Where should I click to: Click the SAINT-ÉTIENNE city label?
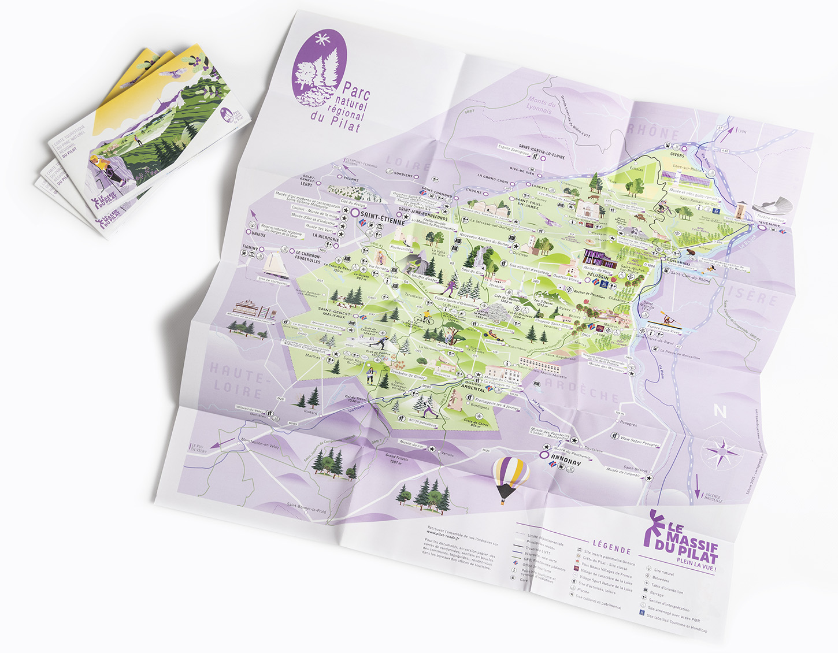click(378, 214)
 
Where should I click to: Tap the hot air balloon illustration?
click(510, 479)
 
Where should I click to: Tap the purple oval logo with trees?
click(320, 69)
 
